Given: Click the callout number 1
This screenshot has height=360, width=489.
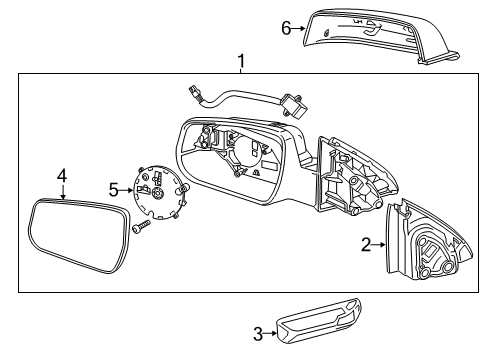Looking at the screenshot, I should coord(241,61).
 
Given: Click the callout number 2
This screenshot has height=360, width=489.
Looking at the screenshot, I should coord(366,242).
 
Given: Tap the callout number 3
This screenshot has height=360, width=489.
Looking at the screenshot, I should coord(257,334).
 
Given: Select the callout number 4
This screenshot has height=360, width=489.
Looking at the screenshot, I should coord(61,177).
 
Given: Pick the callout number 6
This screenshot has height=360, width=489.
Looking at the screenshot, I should coord(286,29).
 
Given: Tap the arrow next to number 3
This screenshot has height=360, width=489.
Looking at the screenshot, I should coord(271,334).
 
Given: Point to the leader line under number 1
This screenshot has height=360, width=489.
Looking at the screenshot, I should coord(241,70).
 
